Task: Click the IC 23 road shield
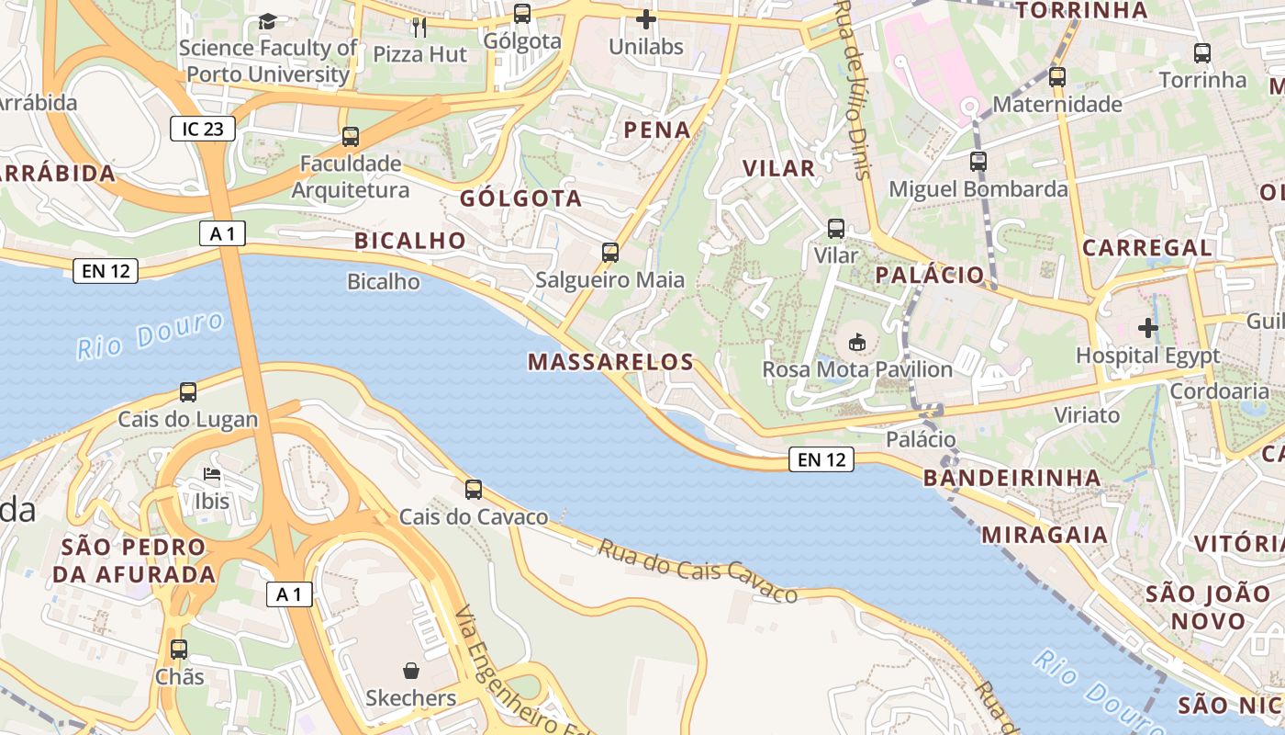(203, 129)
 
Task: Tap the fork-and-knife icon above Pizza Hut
(419, 27)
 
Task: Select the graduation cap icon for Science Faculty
(267, 21)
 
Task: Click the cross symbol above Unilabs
(646, 19)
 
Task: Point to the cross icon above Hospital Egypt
(1147, 327)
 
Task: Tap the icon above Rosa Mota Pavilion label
(856, 342)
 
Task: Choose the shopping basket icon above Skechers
(410, 671)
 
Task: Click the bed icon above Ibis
(212, 475)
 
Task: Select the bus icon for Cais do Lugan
(188, 392)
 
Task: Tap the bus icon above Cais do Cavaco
(474, 490)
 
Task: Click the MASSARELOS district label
(610, 362)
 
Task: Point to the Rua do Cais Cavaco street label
(698, 571)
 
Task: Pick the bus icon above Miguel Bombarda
(978, 162)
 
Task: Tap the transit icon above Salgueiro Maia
(610, 252)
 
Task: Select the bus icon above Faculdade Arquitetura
(350, 137)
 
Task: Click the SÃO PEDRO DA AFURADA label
(134, 560)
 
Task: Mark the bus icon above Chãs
(179, 650)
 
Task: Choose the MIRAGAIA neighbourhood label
(1045, 535)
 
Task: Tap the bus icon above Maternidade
(1057, 76)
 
